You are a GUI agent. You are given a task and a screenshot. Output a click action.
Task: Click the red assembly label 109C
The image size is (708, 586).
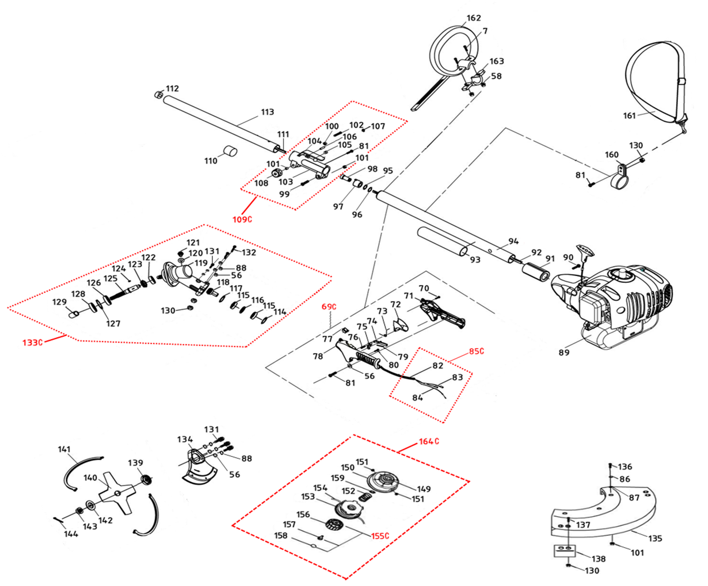click(242, 219)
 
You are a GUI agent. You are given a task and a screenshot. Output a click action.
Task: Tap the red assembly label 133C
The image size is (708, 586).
click(33, 342)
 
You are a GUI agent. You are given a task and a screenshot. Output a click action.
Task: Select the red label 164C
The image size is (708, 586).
click(429, 441)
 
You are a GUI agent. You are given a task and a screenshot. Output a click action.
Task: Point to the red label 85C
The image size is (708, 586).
click(477, 351)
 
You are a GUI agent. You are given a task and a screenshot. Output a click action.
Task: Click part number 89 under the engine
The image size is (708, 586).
click(564, 353)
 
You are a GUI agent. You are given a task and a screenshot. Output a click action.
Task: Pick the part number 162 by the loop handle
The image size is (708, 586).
click(473, 17)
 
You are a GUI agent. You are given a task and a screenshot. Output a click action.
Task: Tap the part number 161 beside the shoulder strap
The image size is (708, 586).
click(629, 116)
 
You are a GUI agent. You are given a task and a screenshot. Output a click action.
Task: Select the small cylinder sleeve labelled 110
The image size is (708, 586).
click(230, 151)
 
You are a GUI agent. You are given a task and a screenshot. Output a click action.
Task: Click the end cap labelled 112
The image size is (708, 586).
click(158, 94)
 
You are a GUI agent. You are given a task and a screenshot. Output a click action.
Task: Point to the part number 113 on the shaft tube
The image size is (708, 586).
click(267, 112)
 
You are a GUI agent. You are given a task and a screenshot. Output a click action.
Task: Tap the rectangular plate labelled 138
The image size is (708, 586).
click(565, 551)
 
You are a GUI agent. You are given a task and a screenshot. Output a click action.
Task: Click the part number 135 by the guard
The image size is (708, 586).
click(655, 539)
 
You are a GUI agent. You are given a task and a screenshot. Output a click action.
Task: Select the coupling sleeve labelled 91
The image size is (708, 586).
click(536, 272)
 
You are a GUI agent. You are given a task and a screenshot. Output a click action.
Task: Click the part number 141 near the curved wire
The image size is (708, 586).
click(64, 449)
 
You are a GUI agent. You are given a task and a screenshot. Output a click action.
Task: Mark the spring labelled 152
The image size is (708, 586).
click(365, 498)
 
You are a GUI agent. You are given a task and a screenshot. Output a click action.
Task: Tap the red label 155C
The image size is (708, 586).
click(380, 536)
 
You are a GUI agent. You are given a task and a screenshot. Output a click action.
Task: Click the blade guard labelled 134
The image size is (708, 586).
click(198, 467)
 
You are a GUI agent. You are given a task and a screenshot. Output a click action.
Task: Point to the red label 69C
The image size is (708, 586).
click(329, 307)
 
